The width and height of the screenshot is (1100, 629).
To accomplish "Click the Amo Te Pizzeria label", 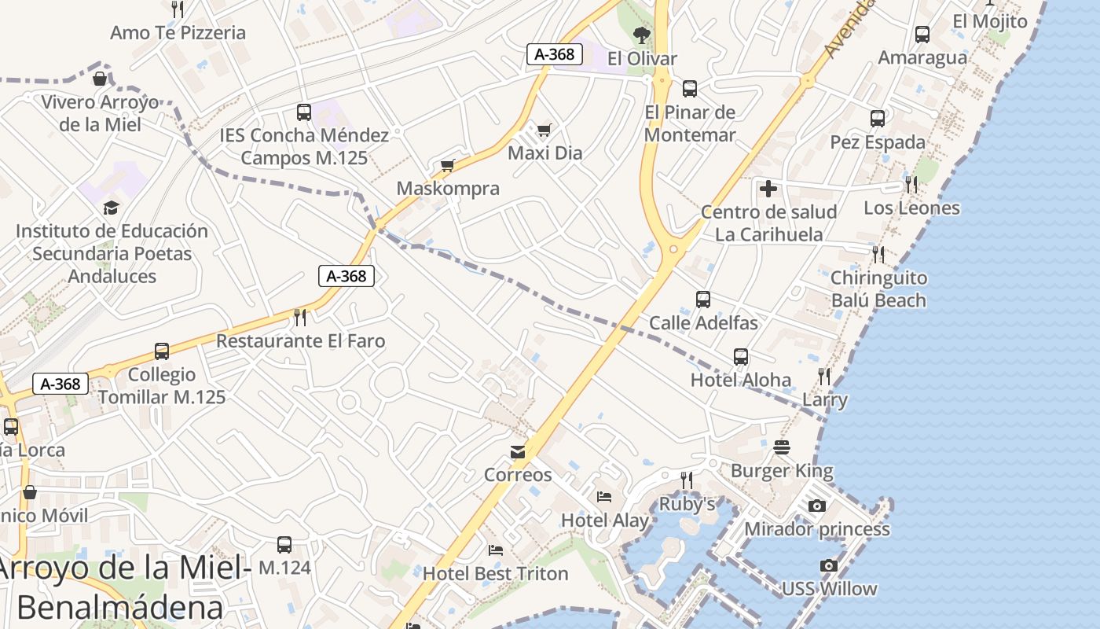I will (x=178, y=33).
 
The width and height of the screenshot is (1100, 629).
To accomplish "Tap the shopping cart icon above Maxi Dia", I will (x=544, y=130).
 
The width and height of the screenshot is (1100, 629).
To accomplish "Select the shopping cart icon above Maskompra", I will (x=448, y=165).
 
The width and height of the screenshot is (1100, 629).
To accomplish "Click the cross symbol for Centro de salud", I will (x=768, y=189).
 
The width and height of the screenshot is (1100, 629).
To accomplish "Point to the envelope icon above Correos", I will (x=518, y=452).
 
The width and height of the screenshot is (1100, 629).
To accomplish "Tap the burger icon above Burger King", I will (x=782, y=447).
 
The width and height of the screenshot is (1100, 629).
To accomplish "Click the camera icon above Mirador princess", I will (x=817, y=506).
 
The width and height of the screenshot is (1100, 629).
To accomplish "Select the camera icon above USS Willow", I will (x=828, y=565).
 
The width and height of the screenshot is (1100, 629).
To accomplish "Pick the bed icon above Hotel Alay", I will (x=604, y=497).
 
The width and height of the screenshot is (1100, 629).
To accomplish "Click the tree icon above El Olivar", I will (x=642, y=35).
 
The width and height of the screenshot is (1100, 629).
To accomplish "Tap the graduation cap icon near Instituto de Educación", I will (x=111, y=208).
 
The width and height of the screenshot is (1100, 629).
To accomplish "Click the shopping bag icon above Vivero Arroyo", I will (x=100, y=79).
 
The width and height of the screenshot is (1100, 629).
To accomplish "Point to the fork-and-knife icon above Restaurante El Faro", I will (x=300, y=317).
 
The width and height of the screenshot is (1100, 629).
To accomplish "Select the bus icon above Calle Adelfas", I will (x=703, y=300).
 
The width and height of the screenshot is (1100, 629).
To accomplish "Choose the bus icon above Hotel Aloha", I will (x=741, y=357).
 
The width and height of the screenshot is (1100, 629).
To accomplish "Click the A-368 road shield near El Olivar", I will (x=555, y=54).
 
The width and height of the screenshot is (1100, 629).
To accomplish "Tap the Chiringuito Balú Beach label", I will (x=878, y=289).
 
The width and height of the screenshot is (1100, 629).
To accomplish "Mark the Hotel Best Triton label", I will (x=495, y=574).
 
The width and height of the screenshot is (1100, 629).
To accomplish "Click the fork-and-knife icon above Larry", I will (x=823, y=377).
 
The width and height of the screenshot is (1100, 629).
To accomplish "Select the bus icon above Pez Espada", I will (x=878, y=119).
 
